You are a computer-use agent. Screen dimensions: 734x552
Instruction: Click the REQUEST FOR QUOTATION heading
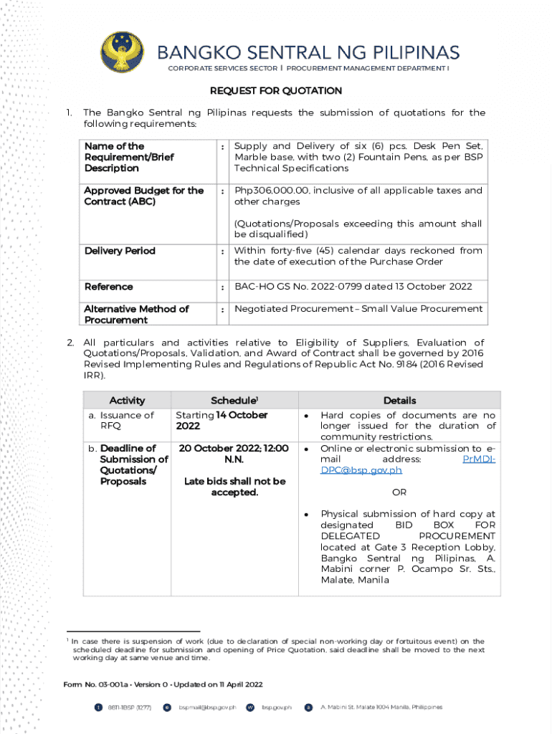click(x=275, y=91)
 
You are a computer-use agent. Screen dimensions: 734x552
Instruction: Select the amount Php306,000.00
click(x=270, y=191)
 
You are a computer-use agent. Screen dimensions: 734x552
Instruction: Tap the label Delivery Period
click(x=120, y=251)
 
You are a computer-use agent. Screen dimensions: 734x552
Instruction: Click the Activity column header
click(x=127, y=401)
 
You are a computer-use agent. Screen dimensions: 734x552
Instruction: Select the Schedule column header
click(x=234, y=401)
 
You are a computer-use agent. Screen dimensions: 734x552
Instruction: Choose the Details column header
click(x=399, y=401)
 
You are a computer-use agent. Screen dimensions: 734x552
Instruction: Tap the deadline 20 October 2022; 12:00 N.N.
click(x=234, y=454)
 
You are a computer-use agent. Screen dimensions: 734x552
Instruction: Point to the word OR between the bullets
click(x=399, y=492)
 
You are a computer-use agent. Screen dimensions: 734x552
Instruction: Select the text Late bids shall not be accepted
click(x=234, y=487)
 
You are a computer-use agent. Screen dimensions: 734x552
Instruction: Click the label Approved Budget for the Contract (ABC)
click(x=143, y=196)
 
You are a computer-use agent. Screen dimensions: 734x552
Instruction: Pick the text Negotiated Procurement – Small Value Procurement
click(x=358, y=309)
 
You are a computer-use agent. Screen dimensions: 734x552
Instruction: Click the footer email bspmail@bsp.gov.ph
click(x=207, y=707)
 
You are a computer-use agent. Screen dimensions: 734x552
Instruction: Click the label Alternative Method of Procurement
click(x=136, y=314)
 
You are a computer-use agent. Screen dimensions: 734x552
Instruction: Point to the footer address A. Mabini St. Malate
click(x=381, y=707)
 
